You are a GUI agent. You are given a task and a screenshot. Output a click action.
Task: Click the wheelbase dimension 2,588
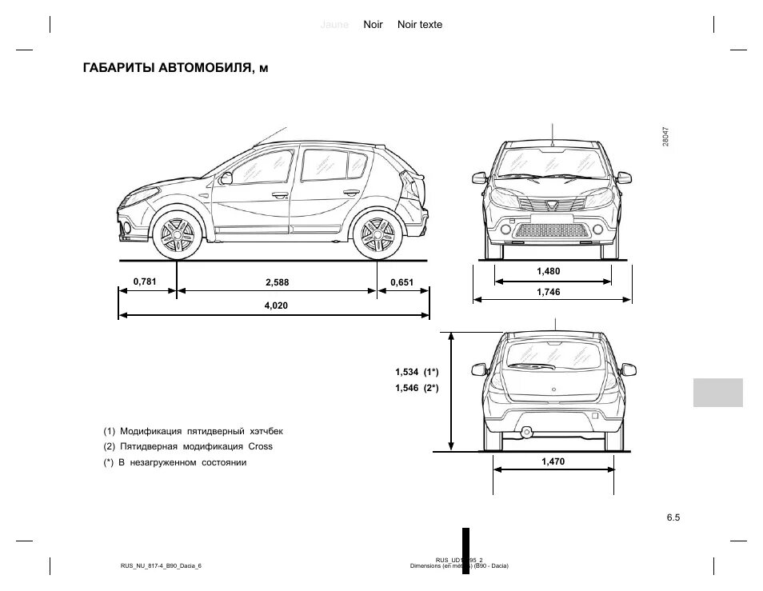pyautogui.click(x=277, y=282)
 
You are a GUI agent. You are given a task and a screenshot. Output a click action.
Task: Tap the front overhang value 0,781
pyautogui.click(x=144, y=281)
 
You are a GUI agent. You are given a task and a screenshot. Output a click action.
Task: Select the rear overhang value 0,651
pyautogui.click(x=401, y=282)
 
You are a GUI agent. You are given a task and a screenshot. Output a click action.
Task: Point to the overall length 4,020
pyautogui.click(x=275, y=305)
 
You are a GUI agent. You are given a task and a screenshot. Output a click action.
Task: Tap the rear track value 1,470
pyautogui.click(x=553, y=461)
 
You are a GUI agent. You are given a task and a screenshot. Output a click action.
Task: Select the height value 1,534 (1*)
pyautogui.click(x=417, y=372)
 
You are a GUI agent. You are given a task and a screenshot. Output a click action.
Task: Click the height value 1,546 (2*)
pyautogui.click(x=417, y=388)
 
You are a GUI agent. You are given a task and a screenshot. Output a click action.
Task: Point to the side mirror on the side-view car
pyautogui.click(x=226, y=178)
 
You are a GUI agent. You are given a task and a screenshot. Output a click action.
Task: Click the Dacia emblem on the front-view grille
pyautogui.click(x=553, y=205)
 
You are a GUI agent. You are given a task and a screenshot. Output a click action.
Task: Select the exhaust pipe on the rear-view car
pyautogui.click(x=527, y=432)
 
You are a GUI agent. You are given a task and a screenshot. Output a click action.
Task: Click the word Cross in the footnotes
pyautogui.click(x=261, y=446)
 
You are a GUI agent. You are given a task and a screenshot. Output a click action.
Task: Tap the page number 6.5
pyautogui.click(x=672, y=517)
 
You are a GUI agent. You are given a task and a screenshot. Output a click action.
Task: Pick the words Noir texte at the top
pyautogui.click(x=419, y=25)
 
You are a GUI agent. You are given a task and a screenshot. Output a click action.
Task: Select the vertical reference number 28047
pyautogui.click(x=665, y=136)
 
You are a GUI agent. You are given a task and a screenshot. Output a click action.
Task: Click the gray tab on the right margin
pyautogui.click(x=714, y=392)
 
